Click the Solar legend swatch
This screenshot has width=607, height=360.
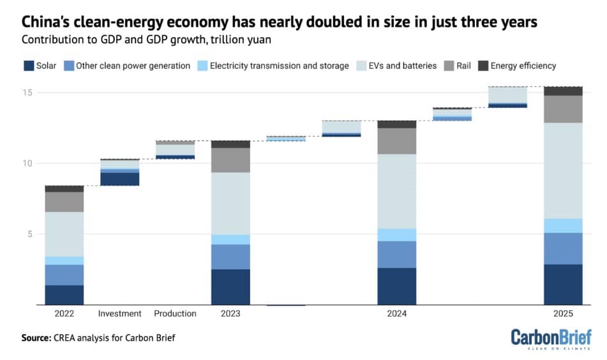(x=27, y=66)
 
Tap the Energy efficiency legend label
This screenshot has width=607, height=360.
(x=523, y=66)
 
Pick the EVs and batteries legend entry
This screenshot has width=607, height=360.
(x=405, y=66)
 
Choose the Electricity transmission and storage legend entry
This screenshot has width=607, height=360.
(x=279, y=66)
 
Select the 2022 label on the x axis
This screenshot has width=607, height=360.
(x=64, y=314)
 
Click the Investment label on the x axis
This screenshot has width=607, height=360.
(x=119, y=314)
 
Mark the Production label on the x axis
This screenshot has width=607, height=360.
(x=175, y=314)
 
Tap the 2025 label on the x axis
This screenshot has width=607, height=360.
(x=563, y=314)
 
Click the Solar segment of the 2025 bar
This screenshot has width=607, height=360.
(x=563, y=285)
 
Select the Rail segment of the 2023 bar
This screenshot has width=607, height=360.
(x=230, y=160)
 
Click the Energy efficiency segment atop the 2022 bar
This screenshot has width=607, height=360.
(x=64, y=189)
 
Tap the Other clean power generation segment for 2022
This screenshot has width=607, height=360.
(x=64, y=274)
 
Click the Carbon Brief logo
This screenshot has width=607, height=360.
(x=551, y=338)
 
